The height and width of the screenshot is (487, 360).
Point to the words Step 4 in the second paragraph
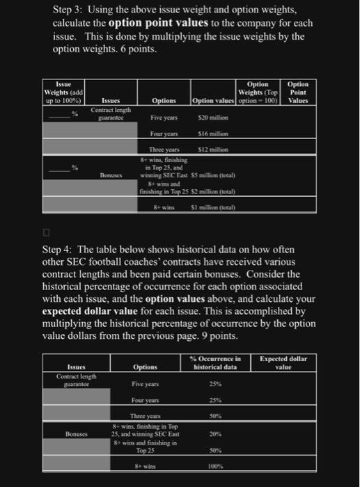70,249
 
